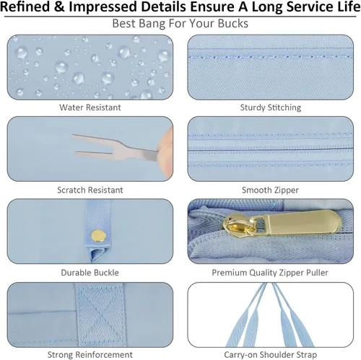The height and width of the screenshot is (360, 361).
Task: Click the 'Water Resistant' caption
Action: coord(90,107)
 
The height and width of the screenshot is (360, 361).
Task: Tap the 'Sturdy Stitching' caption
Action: coord(271,107)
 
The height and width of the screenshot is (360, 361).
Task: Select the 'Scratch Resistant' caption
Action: coord(90,190)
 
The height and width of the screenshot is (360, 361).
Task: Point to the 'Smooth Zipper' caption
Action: coord(270,190)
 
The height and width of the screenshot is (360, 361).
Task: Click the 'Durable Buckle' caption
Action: coord(90,273)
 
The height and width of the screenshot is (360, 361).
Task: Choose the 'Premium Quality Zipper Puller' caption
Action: coord(270,273)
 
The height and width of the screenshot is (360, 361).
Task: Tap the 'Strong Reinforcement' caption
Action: coord(90,355)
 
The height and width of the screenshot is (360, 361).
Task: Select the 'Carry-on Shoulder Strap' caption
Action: coord(270,355)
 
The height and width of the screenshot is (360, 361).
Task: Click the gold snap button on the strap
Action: coord(98,236)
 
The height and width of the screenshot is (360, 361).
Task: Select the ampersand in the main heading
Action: coord(59,7)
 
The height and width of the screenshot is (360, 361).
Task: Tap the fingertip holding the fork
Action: coord(165,151)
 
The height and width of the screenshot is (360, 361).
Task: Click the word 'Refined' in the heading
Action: coord(25,6)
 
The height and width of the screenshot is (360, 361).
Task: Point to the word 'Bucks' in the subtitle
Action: coord(233,24)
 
